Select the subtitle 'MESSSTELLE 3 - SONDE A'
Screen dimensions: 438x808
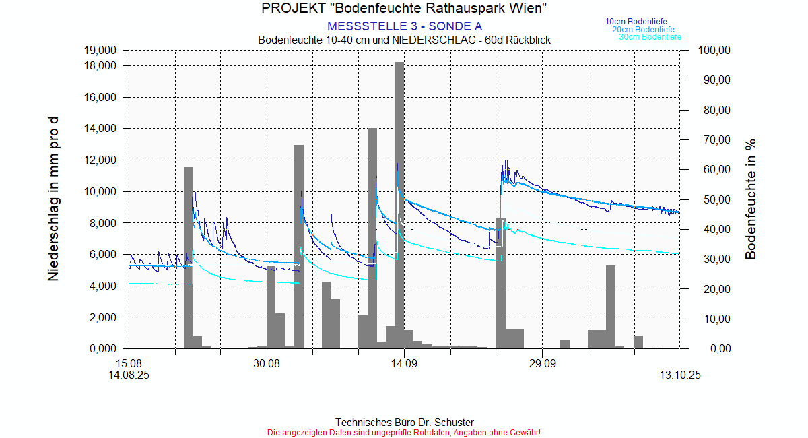[x=404, y=26]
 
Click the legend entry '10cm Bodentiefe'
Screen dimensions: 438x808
[x=636, y=22]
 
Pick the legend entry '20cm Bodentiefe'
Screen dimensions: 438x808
[x=643, y=30]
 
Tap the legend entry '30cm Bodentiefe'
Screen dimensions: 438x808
[x=650, y=37]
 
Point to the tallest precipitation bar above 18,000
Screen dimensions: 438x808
[x=399, y=202]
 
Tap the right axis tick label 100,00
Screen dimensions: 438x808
[x=714, y=51]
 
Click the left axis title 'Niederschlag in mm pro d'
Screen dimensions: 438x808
[x=53, y=199]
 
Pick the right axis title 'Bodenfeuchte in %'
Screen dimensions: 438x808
[x=751, y=199]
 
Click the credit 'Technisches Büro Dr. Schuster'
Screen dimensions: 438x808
[x=404, y=422]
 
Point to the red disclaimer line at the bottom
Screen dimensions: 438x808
[x=404, y=432]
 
